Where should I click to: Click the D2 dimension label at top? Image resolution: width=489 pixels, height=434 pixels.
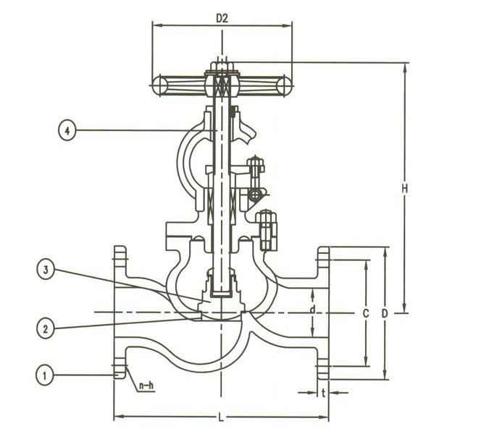click(x=222, y=17)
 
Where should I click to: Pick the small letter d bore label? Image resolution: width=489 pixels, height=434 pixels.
click(x=312, y=310)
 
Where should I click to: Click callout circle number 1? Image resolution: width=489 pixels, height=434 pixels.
click(x=45, y=375)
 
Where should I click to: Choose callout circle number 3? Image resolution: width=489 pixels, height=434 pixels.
click(x=45, y=271)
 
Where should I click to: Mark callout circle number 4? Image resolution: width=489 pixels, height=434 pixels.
click(x=66, y=131)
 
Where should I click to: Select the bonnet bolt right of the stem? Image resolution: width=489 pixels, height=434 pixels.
click(x=265, y=228)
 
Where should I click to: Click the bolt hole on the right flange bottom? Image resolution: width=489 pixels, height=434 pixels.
click(x=323, y=372)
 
